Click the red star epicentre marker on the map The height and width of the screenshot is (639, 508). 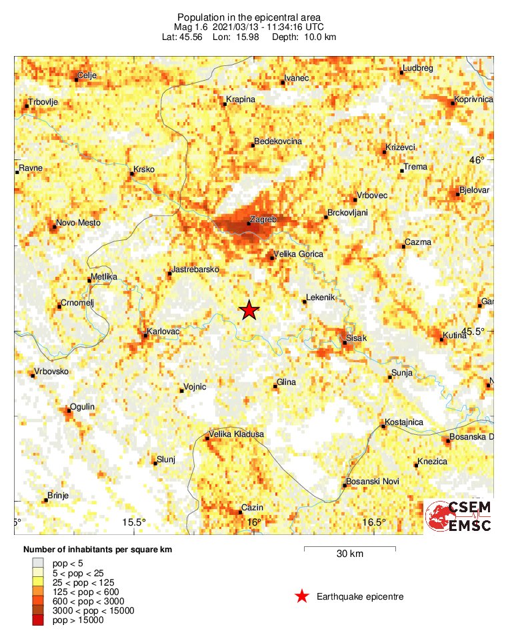pyautogui.click(x=249, y=310)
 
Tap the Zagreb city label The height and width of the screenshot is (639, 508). pyautogui.click(x=262, y=219)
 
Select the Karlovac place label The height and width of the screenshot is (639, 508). pyautogui.click(x=162, y=330)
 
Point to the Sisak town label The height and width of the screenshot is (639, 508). pyautogui.click(x=355, y=339)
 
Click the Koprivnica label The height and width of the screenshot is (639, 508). pyautogui.click(x=473, y=99)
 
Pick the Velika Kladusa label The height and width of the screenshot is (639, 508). pyautogui.click(x=237, y=434)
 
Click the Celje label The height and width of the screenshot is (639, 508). pyautogui.click(x=87, y=75)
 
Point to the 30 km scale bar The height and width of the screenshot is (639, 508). pyautogui.click(x=349, y=549)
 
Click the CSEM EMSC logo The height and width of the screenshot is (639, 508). pyautogui.click(x=458, y=517)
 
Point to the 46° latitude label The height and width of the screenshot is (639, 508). pyautogui.click(x=477, y=160)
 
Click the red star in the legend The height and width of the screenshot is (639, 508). pyautogui.click(x=302, y=596)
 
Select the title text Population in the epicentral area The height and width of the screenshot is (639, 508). pyautogui.click(x=249, y=17)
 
